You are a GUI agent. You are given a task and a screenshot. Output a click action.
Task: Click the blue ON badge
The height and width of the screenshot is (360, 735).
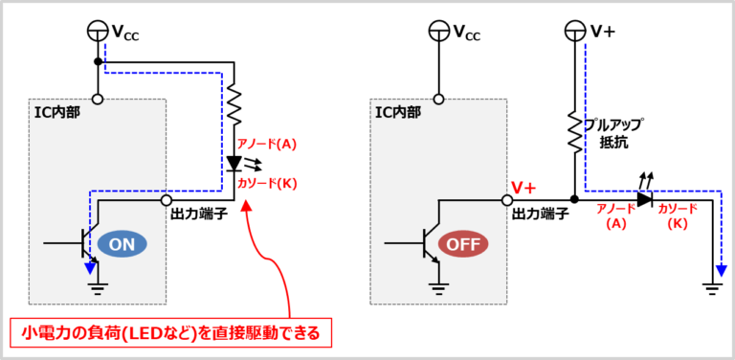click(x=122, y=245)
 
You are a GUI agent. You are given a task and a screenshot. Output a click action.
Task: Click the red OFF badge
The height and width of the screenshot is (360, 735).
click(x=463, y=245)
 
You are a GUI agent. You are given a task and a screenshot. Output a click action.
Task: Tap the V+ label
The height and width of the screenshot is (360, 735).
click(x=523, y=190)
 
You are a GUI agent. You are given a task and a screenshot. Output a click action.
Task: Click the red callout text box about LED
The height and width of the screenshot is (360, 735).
click(x=171, y=333)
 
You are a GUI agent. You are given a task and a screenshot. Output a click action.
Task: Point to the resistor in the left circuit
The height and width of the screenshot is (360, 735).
click(x=232, y=104)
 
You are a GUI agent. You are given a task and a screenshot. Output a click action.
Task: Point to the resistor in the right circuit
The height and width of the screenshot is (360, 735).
click(x=574, y=131)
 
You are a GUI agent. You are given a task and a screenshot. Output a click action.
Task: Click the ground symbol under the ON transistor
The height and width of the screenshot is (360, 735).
click(x=97, y=284)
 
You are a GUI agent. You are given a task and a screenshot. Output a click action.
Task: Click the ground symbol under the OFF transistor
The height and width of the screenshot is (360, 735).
click(x=438, y=284)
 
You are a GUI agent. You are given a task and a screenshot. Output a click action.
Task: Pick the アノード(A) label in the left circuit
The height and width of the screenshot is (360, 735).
click(x=267, y=145)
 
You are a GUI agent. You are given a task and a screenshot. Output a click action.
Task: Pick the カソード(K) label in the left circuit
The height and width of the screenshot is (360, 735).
click(x=267, y=183)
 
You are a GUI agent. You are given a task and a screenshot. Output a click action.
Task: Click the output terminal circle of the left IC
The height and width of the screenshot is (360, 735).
click(x=167, y=200)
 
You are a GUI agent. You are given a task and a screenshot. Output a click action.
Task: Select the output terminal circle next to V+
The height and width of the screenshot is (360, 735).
click(x=507, y=200)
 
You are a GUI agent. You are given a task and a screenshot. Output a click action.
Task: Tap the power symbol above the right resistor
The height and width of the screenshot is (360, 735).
click(x=575, y=30)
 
